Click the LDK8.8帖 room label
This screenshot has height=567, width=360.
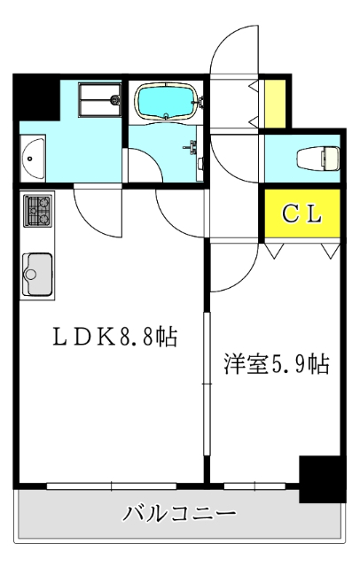(114, 337)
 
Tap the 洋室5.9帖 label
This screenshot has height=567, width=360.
(277, 364)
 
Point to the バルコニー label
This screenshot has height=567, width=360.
(179, 514)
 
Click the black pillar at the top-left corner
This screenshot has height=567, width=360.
(35, 97)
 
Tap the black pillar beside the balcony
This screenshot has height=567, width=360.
(321, 478)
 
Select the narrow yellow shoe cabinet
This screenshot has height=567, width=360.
(277, 103)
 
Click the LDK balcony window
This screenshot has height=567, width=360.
(113, 485)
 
